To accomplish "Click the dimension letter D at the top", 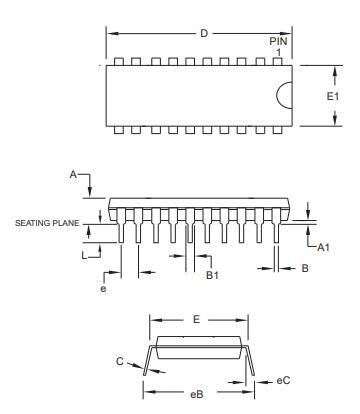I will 203,34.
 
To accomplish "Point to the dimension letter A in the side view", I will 72,174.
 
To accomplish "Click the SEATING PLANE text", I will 47,223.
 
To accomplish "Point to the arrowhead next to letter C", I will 138,368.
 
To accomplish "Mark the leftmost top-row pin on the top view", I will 120,61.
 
